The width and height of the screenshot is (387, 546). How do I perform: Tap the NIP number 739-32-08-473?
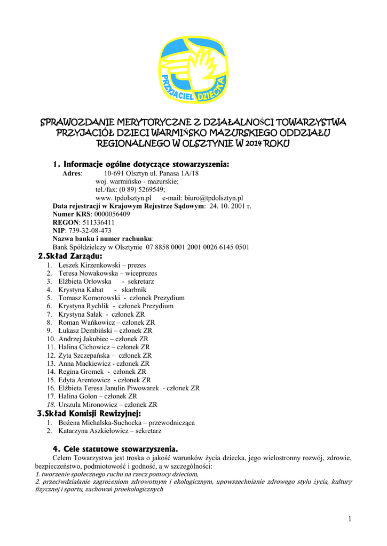click(x=89, y=230)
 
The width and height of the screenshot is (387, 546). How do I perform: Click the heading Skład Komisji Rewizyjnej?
click(x=89, y=414)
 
